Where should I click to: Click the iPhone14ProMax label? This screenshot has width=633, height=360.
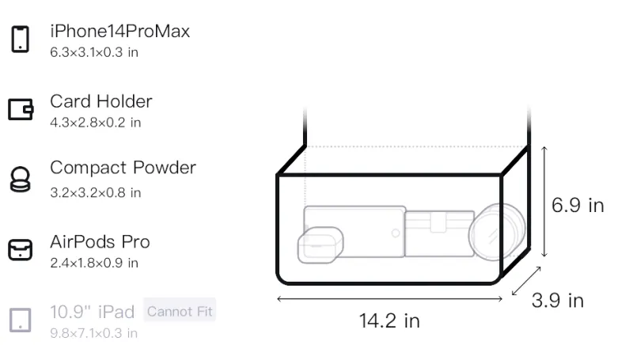click(120, 31)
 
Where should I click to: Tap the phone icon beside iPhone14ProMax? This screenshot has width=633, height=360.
click(21, 39)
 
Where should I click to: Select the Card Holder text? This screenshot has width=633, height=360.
click(101, 101)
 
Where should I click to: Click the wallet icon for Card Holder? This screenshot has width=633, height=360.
click(21, 109)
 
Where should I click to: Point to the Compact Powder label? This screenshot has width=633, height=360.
click(123, 168)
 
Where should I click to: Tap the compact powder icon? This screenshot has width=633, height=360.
click(21, 179)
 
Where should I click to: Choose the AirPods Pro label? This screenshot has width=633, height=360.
click(100, 242)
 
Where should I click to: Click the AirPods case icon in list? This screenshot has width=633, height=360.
click(21, 250)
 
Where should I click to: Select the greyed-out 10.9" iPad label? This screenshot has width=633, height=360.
click(92, 312)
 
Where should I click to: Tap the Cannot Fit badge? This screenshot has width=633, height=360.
click(180, 311)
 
